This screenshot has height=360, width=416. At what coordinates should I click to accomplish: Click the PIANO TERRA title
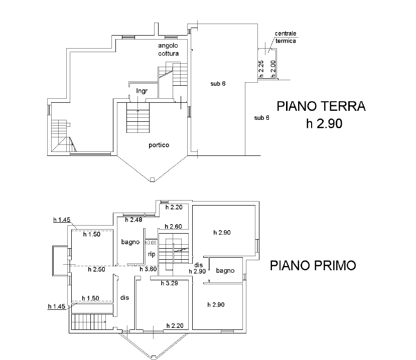321,106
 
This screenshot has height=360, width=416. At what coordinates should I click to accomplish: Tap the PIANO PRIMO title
313,266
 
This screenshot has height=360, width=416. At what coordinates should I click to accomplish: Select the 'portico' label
159,145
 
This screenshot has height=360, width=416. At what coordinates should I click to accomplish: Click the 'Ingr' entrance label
142,91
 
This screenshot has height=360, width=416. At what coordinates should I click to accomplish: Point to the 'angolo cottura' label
168,50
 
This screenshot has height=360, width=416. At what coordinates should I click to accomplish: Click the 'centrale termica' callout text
286,37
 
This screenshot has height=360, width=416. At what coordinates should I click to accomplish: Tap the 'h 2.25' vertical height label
261,69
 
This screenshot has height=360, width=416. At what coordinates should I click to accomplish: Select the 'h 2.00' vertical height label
273,69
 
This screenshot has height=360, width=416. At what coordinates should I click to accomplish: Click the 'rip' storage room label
152,254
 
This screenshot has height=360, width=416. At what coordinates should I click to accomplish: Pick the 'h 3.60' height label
149,269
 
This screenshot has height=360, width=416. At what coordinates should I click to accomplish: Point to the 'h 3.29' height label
169,283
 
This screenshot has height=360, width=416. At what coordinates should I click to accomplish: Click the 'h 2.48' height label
133,220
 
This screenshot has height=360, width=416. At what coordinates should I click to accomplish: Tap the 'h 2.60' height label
173,227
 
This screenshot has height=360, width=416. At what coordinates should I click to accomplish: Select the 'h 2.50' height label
96,269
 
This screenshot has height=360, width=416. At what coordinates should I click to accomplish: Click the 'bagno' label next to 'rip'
130,242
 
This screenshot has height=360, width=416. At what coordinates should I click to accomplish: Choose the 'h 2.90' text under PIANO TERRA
324,123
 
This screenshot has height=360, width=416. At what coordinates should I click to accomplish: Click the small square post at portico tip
152,179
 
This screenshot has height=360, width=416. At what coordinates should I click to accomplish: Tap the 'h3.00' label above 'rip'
151,243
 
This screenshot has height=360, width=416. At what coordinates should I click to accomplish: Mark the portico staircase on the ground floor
138,118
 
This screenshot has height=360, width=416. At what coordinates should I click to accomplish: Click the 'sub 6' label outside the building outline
261,118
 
